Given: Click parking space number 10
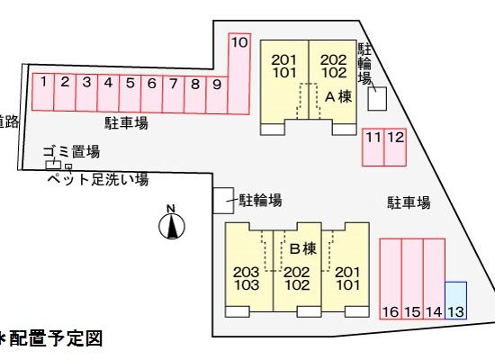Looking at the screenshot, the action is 239,74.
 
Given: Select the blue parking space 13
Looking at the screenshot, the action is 456,301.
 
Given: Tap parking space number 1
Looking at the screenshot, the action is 43,92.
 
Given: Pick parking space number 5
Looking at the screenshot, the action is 130,94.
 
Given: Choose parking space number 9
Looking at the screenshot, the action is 217,94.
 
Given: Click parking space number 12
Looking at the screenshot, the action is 395,147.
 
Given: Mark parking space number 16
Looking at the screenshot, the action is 391,279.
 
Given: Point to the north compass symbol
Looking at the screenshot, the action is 172,222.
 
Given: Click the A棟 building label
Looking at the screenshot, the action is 338,96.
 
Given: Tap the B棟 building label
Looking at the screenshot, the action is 303,248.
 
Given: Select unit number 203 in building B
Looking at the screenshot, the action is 247,272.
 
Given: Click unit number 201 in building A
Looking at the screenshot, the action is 284,59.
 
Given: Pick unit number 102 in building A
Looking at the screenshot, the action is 334,73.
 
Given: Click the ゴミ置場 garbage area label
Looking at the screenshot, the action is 72,151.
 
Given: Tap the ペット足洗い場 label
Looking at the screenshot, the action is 98,179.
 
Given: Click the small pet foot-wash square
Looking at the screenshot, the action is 68,166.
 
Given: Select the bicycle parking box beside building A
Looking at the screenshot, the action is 377,98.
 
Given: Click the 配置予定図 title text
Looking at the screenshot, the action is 56,338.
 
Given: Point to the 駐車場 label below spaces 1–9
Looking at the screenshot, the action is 126,122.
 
